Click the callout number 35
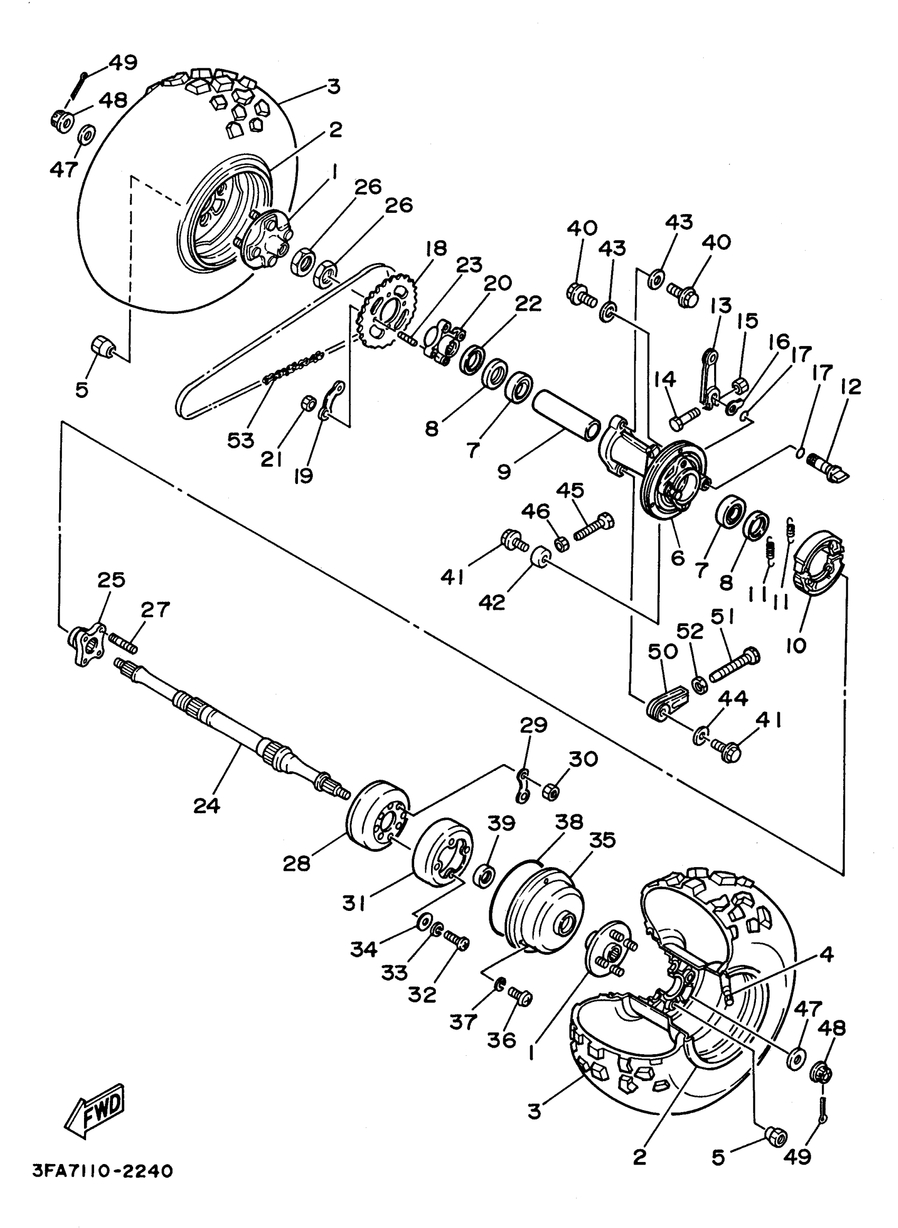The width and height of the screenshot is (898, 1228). (602, 839)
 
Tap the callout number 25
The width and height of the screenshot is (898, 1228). (111, 580)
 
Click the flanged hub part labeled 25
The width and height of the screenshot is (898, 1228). (86, 644)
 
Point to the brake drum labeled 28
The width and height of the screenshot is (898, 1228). (378, 823)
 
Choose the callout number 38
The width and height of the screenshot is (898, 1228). (569, 821)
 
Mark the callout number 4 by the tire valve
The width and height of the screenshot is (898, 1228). (826, 954)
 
